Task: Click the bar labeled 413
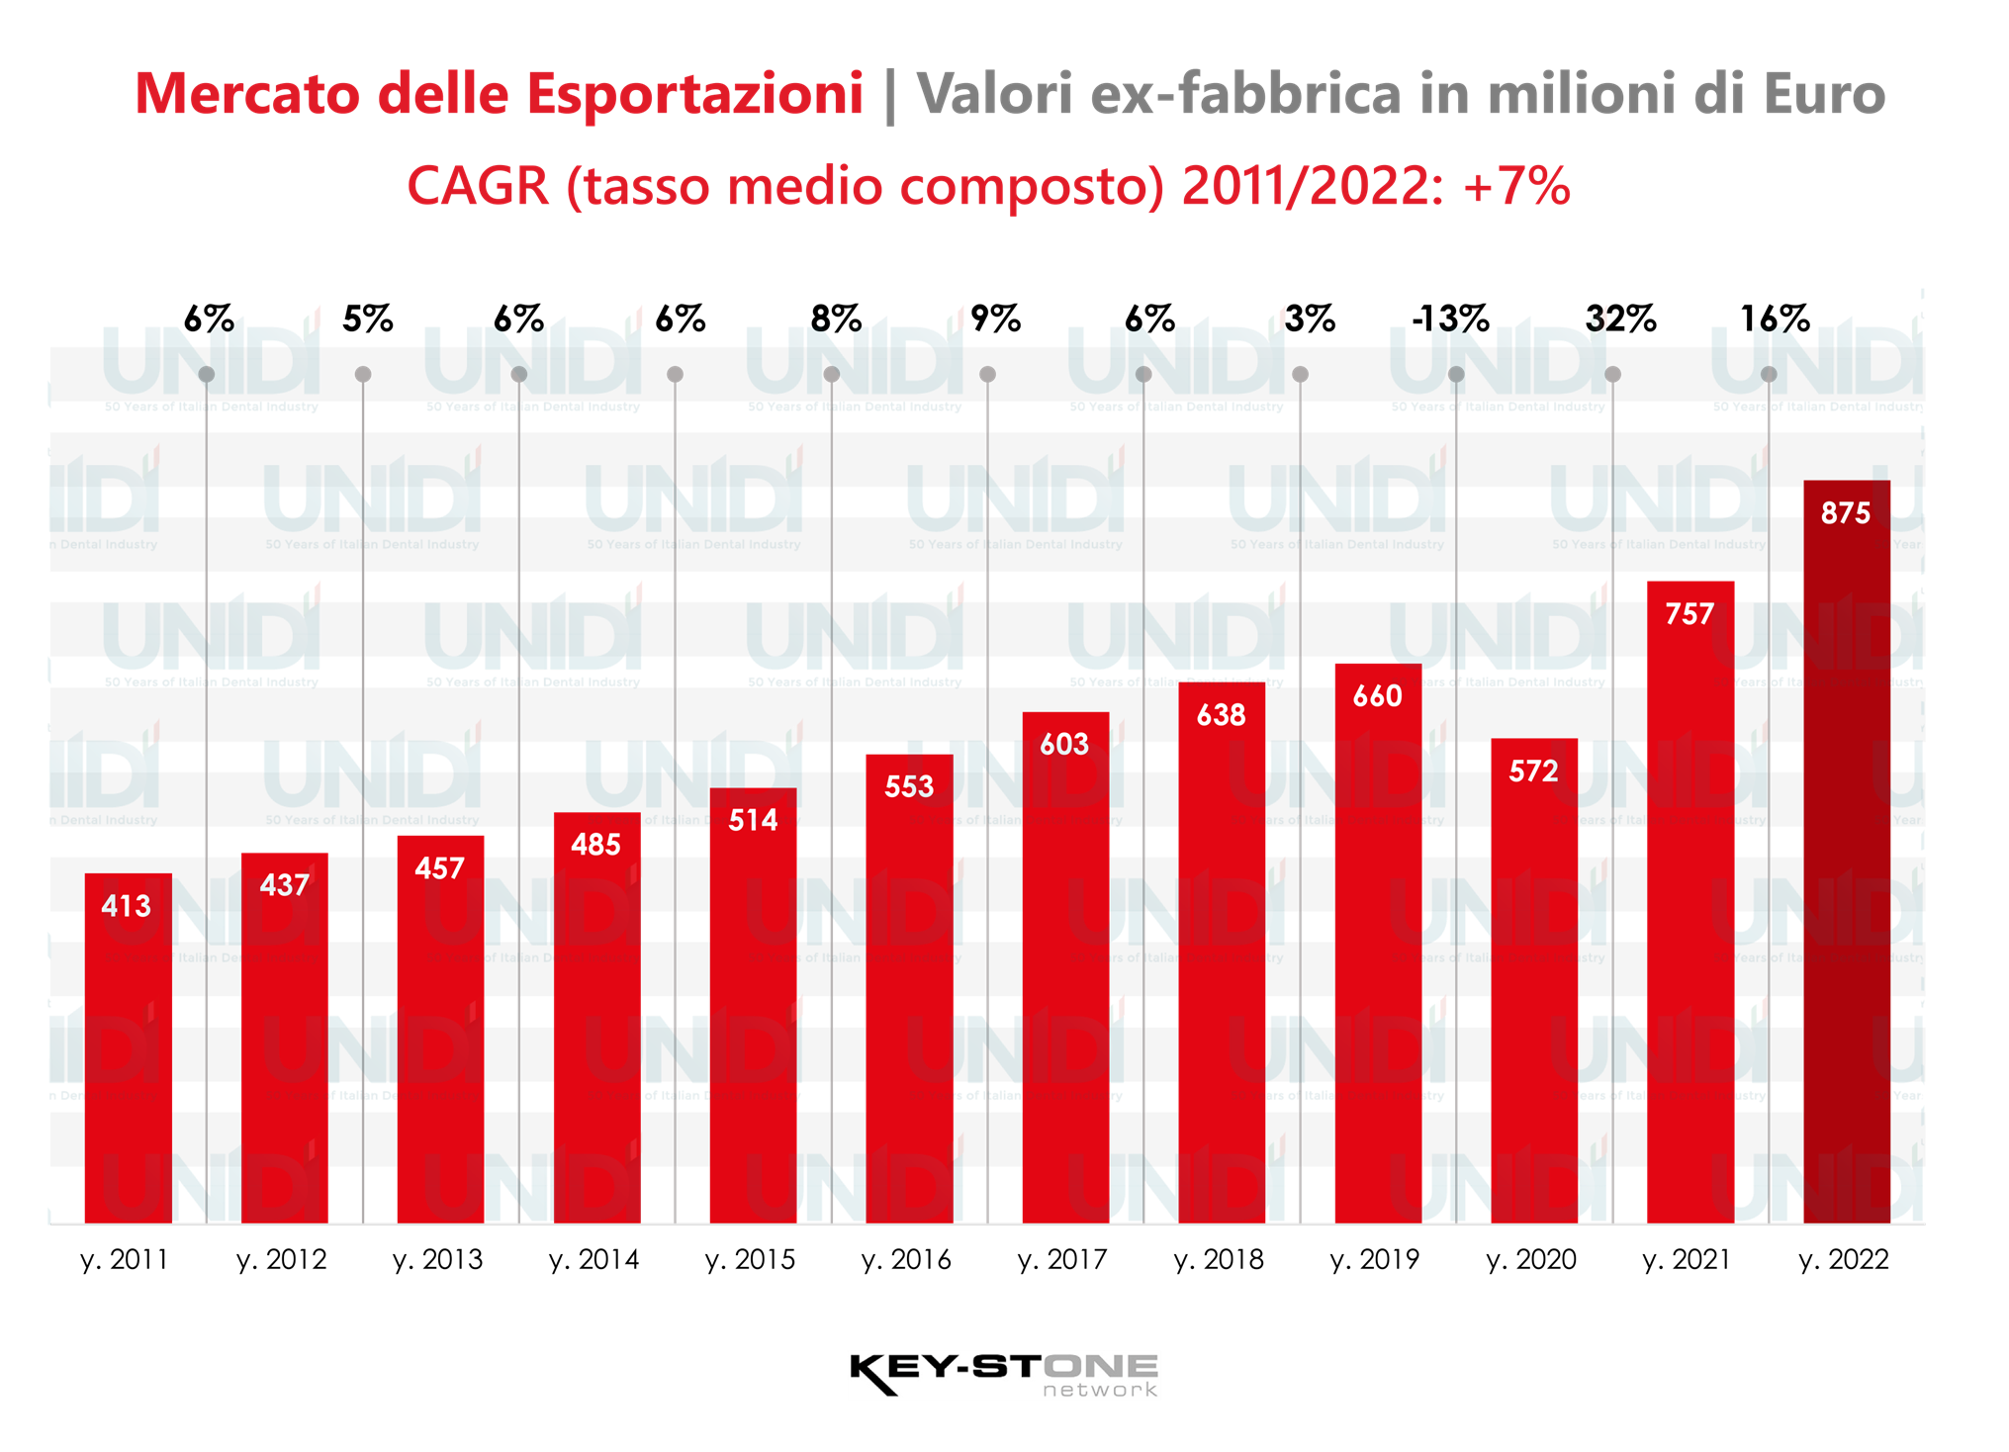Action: pos(128,1048)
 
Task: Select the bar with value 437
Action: pos(284,1039)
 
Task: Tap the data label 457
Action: pos(439,868)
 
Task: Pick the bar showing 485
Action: pos(596,1019)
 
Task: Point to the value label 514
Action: pos(753,820)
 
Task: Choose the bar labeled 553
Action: pos(909,989)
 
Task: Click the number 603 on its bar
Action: pos(1064,744)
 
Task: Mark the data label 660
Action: pos(1377,696)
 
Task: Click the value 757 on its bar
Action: pos(1689,614)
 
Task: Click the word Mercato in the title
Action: pos(248,94)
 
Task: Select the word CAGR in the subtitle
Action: pos(478,186)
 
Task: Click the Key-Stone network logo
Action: pos(1003,1375)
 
